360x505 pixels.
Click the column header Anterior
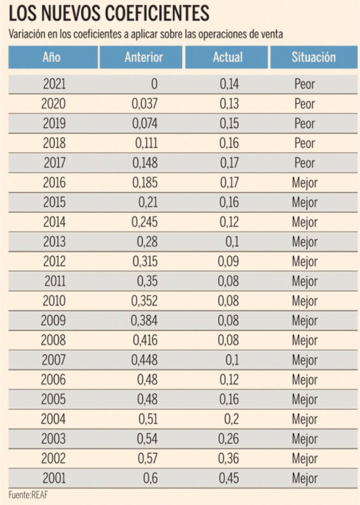144,57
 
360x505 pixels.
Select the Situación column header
314,57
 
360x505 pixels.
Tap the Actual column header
228,57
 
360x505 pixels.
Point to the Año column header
51,57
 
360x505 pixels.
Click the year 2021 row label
54,84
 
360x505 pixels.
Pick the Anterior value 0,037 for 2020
145,104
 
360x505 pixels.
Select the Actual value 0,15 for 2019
229,124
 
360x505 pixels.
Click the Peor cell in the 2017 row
305,163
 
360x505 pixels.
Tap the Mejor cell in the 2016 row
305,183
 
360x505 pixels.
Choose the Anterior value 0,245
145,222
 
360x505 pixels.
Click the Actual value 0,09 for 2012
228,261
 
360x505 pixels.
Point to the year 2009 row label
53,321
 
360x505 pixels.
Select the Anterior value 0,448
145,360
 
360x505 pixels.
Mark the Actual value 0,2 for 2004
232,419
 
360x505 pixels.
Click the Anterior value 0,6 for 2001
150,478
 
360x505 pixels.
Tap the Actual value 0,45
229,478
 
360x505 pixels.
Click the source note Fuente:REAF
28,495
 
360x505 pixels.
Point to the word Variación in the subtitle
27,34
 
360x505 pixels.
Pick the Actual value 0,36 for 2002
228,459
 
